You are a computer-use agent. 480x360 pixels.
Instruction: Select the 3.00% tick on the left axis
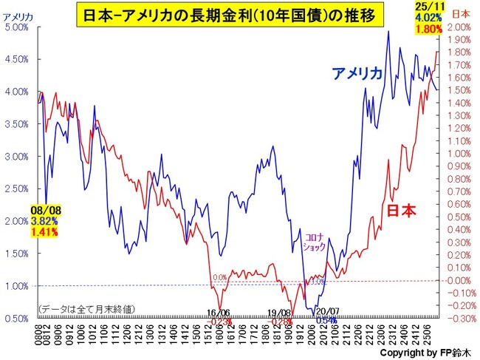click(x=16, y=157)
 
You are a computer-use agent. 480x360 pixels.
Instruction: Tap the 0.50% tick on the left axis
click(x=16, y=319)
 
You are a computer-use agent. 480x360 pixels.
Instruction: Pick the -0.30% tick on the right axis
click(x=460, y=319)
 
